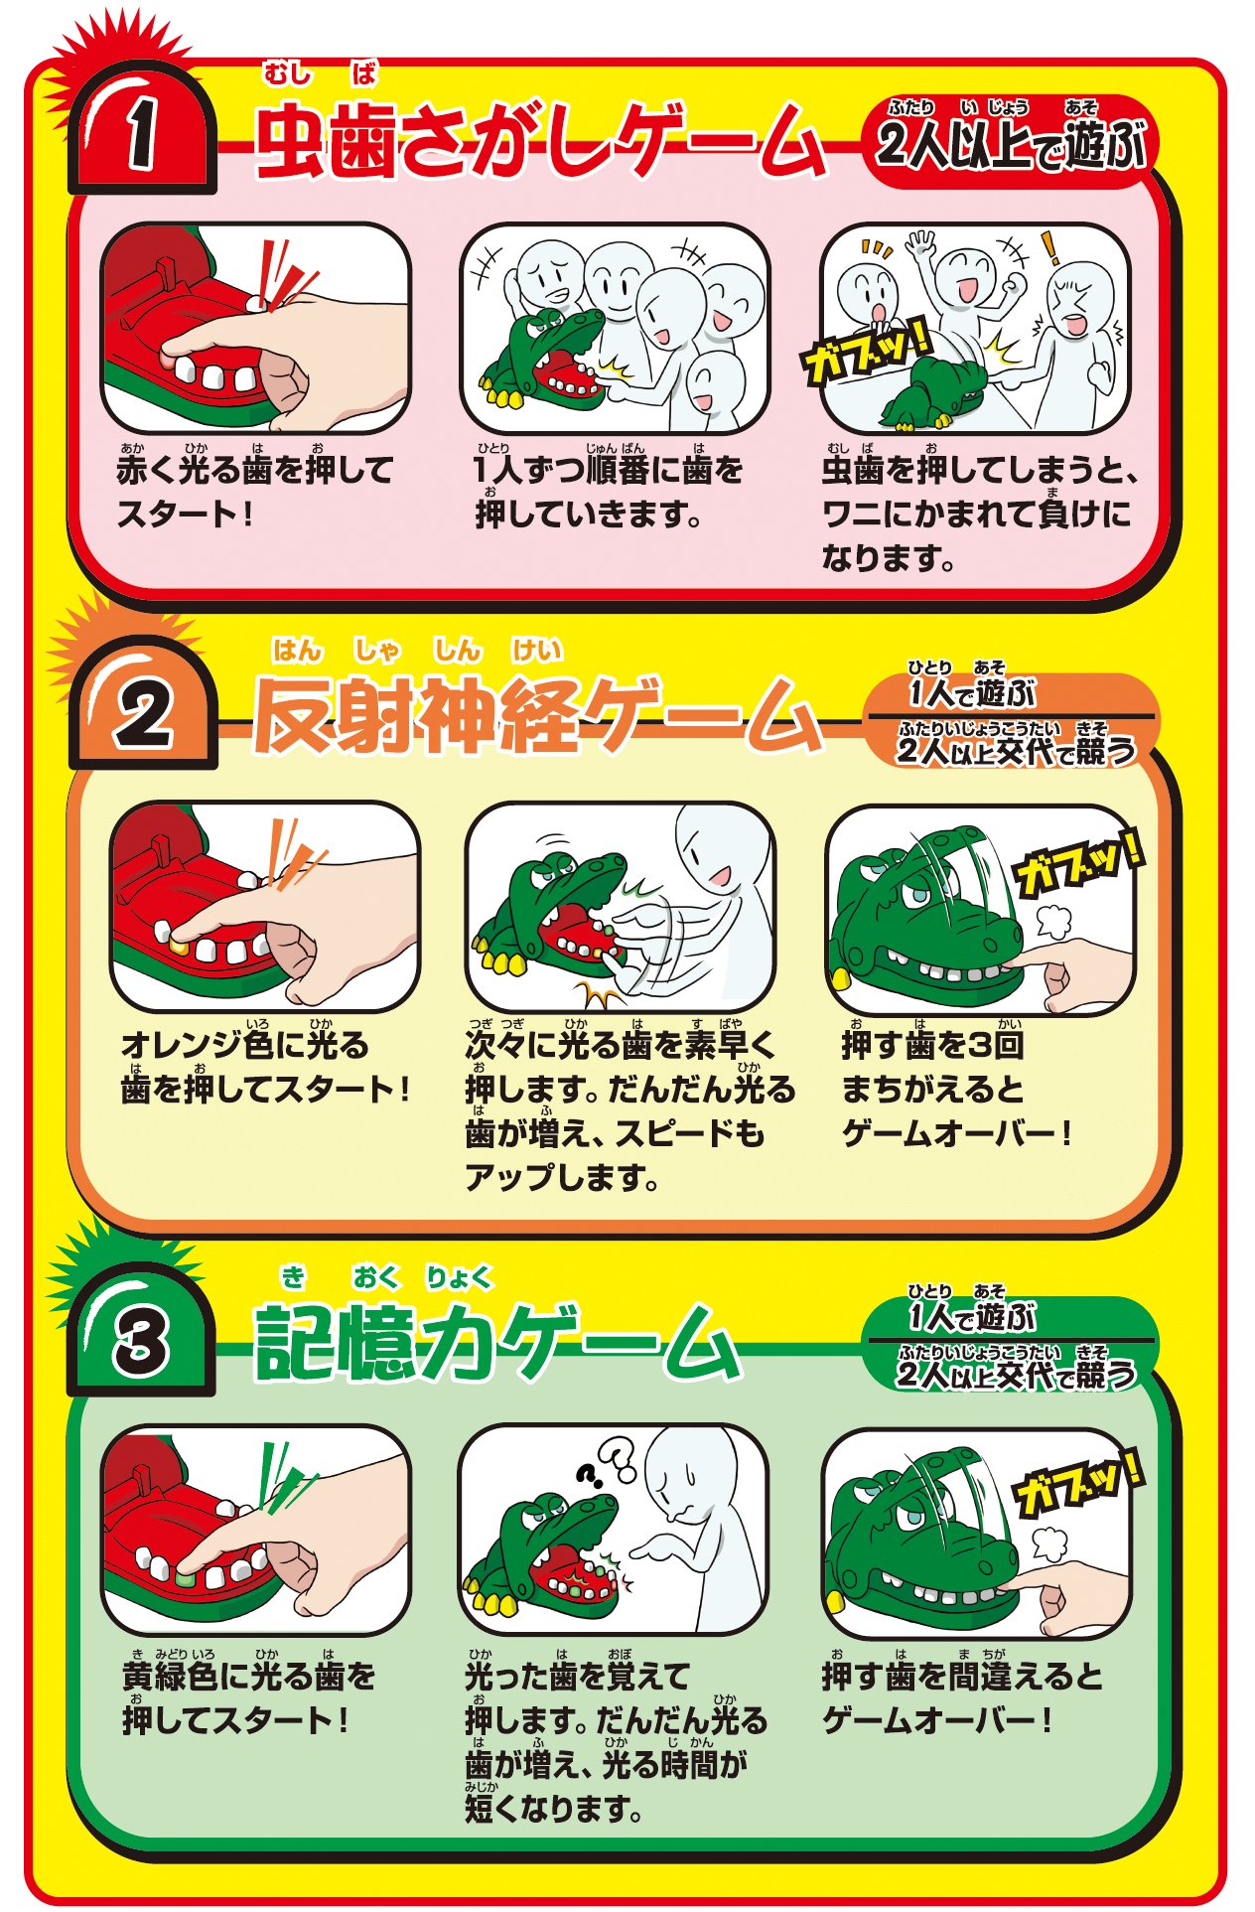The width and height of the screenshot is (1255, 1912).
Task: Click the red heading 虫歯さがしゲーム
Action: tap(540, 140)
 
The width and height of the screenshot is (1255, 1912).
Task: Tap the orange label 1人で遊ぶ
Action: tap(971, 691)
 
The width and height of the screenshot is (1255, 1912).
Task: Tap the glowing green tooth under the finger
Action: tap(185, 1576)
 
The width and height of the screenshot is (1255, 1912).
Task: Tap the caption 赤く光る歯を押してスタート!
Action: tap(254, 491)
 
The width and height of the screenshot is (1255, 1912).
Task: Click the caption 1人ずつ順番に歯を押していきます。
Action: tap(608, 491)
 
